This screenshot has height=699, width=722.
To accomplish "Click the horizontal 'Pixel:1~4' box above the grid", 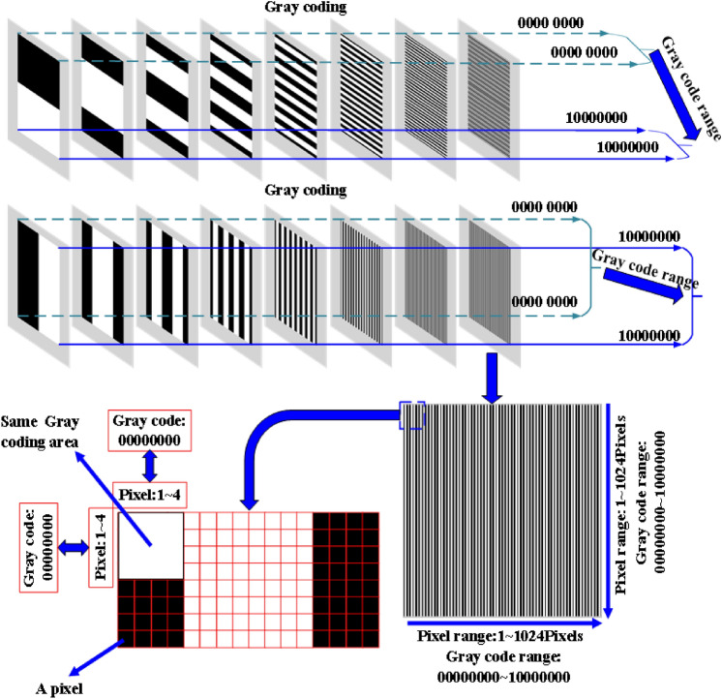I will [x=148, y=495].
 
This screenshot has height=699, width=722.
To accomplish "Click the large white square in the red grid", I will [x=149, y=544].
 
